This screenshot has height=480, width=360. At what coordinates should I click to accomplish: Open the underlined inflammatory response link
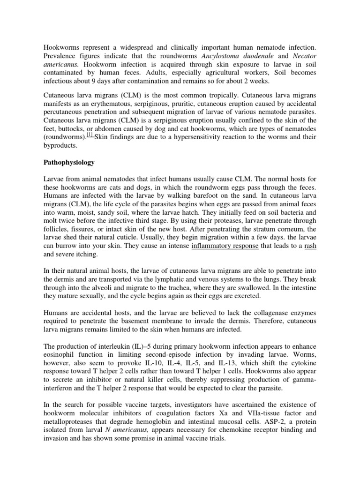click(x=225, y=247)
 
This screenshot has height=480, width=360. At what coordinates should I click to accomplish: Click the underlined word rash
click(x=310, y=247)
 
